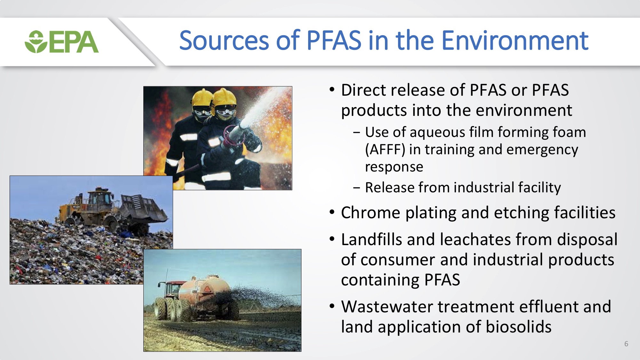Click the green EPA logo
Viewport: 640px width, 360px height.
point(62,42)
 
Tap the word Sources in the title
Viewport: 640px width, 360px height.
point(224,41)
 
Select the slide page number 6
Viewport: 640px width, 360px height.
point(626,344)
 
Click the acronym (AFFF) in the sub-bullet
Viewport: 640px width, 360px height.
point(385,149)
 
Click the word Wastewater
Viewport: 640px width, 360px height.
point(387,307)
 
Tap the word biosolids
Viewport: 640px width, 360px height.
point(519,327)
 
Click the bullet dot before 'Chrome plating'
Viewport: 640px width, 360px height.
point(332,212)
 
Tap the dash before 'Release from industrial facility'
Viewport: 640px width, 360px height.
point(356,188)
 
